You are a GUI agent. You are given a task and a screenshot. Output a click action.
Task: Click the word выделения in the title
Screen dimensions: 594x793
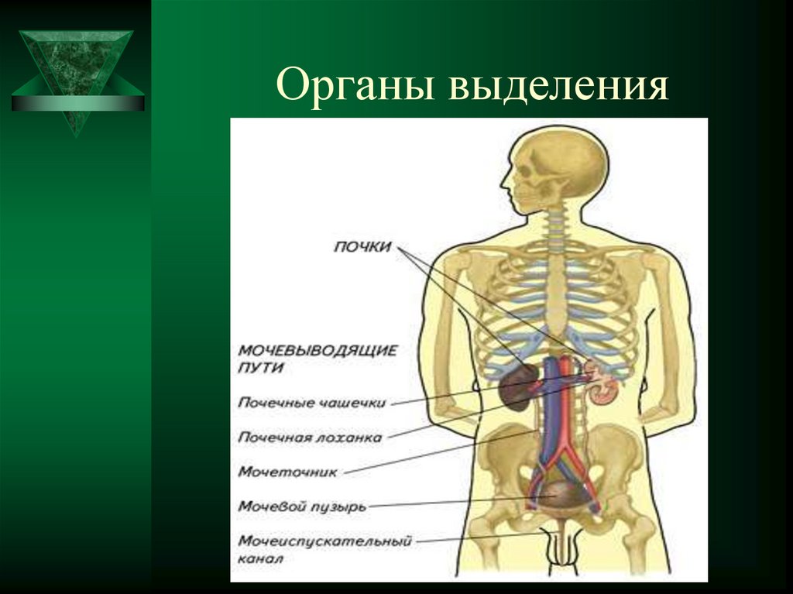click(558, 87)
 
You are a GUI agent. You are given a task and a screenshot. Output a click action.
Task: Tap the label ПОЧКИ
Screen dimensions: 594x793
click(362, 247)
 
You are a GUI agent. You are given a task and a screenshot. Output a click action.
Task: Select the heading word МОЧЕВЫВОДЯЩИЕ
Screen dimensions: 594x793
click(318, 350)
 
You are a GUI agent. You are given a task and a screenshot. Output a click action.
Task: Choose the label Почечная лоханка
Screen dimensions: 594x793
click(310, 437)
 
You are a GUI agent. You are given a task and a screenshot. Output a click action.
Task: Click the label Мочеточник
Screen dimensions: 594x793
click(287, 471)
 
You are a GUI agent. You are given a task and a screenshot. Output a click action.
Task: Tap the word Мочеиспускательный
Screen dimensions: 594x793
click(324, 541)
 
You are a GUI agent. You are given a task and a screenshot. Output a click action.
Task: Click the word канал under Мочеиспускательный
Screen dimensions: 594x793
click(261, 558)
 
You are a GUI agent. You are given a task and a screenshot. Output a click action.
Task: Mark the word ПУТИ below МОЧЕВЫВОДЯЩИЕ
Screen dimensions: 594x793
click(260, 369)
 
